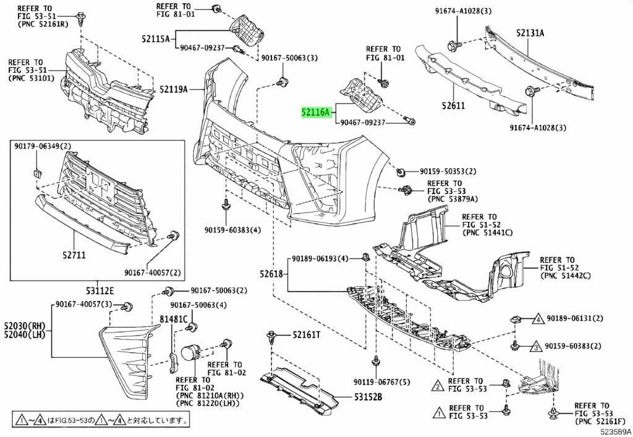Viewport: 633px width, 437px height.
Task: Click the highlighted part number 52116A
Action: coord(316,112)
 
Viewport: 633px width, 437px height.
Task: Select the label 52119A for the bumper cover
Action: coord(173,89)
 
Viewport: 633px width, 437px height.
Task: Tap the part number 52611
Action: coord(453,106)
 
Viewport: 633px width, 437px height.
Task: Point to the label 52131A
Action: coord(530,33)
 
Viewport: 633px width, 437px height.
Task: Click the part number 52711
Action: coord(74,255)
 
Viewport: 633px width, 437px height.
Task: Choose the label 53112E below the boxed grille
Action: coord(100,291)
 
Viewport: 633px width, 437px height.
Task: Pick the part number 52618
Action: coord(271,274)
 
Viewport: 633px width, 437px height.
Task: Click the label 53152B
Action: coord(368,397)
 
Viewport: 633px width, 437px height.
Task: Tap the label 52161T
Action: coord(307,334)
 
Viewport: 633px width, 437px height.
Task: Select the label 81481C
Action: coord(174,320)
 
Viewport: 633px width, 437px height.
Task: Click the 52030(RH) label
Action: coord(25,326)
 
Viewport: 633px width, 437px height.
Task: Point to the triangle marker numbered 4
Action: coord(538,319)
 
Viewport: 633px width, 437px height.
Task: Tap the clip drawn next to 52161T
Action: coord(272,337)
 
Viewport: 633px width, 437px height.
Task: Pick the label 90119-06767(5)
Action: coord(382,382)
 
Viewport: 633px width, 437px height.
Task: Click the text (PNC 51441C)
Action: coord(487,232)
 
